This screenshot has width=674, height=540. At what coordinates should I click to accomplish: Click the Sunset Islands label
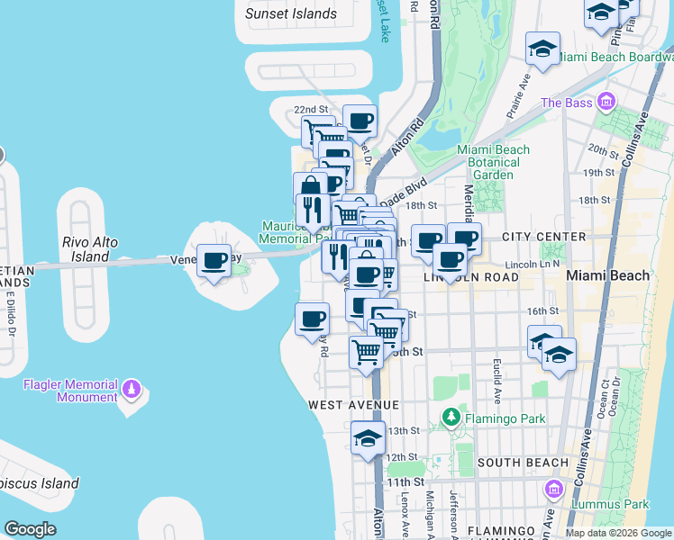pyautogui.click(x=291, y=13)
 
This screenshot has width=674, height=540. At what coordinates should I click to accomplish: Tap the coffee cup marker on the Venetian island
pyautogui.click(x=214, y=261)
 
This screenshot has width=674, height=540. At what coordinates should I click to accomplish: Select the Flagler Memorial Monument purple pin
pyautogui.click(x=132, y=389)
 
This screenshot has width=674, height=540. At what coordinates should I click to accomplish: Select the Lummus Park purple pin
pyautogui.click(x=553, y=490)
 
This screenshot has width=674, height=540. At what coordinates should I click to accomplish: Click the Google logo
pyautogui.click(x=30, y=529)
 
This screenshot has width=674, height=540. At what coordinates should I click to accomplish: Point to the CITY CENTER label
pyautogui.click(x=544, y=237)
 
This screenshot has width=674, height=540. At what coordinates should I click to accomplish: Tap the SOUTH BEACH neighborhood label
pyautogui.click(x=523, y=463)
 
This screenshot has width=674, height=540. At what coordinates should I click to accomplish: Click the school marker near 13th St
pyautogui.click(x=368, y=438)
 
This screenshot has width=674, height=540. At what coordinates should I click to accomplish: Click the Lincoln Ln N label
pyautogui.click(x=533, y=264)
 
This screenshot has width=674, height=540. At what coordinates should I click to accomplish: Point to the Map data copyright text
pyautogui.click(x=618, y=533)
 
